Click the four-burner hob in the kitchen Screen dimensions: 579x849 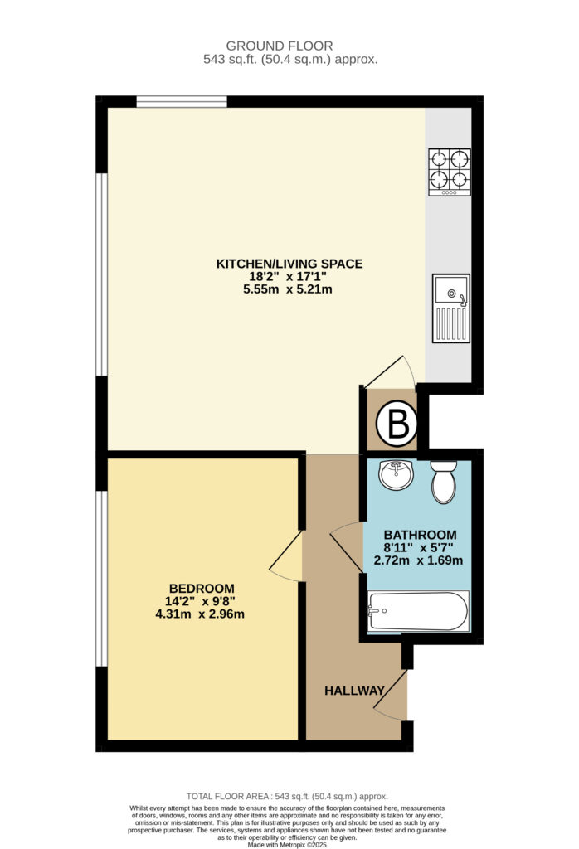[450, 172]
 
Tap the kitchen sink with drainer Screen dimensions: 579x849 [450, 308]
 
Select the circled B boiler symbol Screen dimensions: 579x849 [397, 424]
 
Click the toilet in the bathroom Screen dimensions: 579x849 [444, 482]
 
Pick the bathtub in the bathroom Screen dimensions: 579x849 [417, 611]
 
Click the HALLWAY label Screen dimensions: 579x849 [354, 691]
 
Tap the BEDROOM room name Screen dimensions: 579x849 [202, 589]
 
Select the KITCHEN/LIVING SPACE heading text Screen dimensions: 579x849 [289, 264]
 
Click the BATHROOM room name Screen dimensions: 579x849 [421, 535]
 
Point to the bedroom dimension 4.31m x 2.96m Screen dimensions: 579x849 [200, 614]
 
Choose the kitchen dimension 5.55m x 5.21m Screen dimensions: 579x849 [288, 289]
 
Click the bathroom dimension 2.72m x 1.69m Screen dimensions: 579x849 [419, 560]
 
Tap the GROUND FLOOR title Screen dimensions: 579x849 [280, 46]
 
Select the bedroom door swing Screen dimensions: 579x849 [286, 556]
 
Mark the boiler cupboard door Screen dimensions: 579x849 [390, 372]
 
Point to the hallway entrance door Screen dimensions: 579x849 [390, 696]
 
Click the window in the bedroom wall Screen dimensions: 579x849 [101, 578]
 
